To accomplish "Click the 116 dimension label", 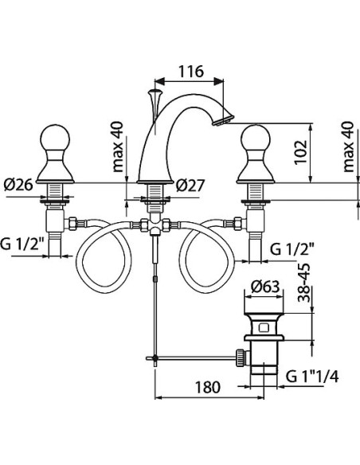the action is pyautogui.click(x=191, y=71).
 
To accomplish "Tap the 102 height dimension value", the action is pyautogui.click(x=300, y=152).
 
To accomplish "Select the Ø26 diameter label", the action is pyautogui.click(x=18, y=186).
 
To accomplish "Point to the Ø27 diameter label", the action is pyautogui.click(x=190, y=186).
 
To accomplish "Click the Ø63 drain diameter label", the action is pyautogui.click(x=265, y=287).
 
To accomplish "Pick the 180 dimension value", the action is pyautogui.click(x=208, y=387).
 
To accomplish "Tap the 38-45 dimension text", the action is pyautogui.click(x=304, y=283).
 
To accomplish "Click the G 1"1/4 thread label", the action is pyautogui.click(x=312, y=377).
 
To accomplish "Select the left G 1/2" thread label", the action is pyautogui.click(x=22, y=244).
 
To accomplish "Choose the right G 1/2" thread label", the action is pyautogui.click(x=292, y=249).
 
